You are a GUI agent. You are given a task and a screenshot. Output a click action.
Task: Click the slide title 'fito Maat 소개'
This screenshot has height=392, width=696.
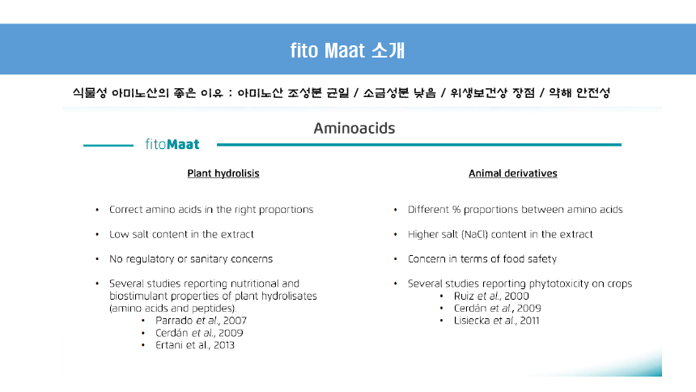tap(347, 50)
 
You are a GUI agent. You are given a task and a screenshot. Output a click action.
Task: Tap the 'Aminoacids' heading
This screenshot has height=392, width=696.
tap(354, 129)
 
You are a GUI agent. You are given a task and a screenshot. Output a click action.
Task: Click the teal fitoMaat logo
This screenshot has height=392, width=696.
tap(172, 144)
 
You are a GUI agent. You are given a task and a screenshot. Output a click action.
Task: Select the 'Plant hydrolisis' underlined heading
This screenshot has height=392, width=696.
tap(223, 173)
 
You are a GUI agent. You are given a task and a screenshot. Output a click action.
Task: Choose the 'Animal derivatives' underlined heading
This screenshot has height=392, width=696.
tap(512, 173)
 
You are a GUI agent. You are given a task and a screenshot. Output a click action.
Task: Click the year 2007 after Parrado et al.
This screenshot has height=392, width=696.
tap(235, 321)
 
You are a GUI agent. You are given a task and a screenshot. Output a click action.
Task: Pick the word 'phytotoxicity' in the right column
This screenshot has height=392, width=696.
tap(559, 283)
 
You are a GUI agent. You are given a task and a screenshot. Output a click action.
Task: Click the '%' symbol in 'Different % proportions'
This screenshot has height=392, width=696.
tap(456, 209)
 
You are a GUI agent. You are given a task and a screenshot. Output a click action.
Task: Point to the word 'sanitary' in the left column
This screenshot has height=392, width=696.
tap(209, 259)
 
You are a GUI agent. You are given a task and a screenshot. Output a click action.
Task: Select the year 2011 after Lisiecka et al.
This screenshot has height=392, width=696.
tap(529, 321)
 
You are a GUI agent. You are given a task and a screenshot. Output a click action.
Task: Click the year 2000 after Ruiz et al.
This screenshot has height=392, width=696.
tap(516, 296)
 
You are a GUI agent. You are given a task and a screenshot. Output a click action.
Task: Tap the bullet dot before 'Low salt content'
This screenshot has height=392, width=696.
tap(97, 235)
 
